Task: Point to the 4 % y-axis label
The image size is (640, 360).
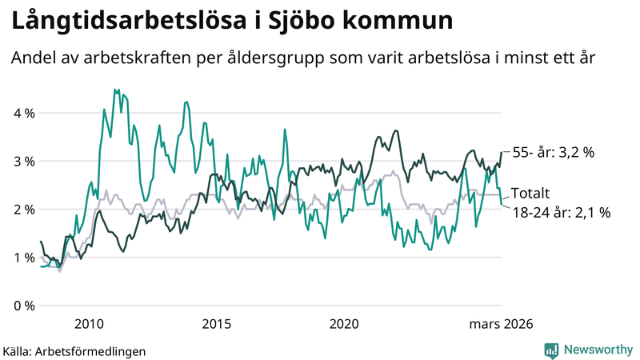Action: (x=23, y=113)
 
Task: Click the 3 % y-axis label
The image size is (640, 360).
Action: (x=23, y=161)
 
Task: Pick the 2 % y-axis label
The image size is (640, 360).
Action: (x=23, y=209)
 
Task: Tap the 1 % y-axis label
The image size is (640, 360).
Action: (x=23, y=257)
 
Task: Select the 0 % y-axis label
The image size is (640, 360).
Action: (x=23, y=306)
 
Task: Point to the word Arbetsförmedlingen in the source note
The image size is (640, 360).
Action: (x=95, y=350)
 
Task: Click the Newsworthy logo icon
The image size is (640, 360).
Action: (x=551, y=350)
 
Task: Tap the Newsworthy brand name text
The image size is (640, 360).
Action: (x=598, y=350)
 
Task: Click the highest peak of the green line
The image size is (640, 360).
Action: (x=115, y=90)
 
